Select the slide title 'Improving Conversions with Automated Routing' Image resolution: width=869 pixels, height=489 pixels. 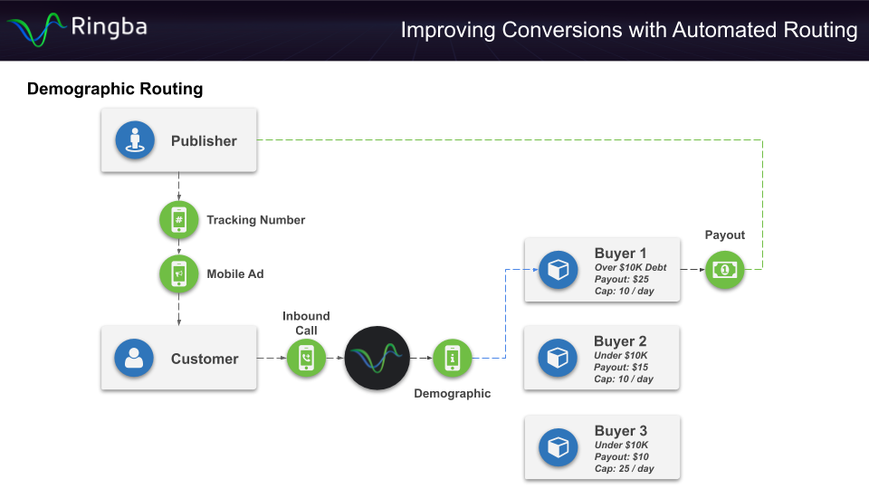628,30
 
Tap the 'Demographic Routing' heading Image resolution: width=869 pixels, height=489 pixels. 115,89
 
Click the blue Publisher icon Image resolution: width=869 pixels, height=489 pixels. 135,140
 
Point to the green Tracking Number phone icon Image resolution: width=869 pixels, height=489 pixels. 178,220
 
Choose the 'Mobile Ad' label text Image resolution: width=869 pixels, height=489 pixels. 235,273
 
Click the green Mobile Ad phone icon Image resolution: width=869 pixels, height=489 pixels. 178,273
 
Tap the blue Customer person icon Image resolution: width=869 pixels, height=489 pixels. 134,359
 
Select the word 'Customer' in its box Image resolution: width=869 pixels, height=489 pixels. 205,359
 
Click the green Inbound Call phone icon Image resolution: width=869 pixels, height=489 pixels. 306,359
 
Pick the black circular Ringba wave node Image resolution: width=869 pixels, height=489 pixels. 377,359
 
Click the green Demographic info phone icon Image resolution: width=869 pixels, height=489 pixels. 452,359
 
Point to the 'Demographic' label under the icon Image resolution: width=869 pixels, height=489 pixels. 452,394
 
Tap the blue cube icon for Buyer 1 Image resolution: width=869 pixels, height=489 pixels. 558,270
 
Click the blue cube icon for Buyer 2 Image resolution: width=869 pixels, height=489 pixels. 558,359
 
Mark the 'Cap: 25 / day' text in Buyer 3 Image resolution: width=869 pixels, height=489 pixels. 624,469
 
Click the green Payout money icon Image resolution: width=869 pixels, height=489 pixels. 724,270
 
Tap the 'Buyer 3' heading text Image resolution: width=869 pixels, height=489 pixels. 621,431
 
